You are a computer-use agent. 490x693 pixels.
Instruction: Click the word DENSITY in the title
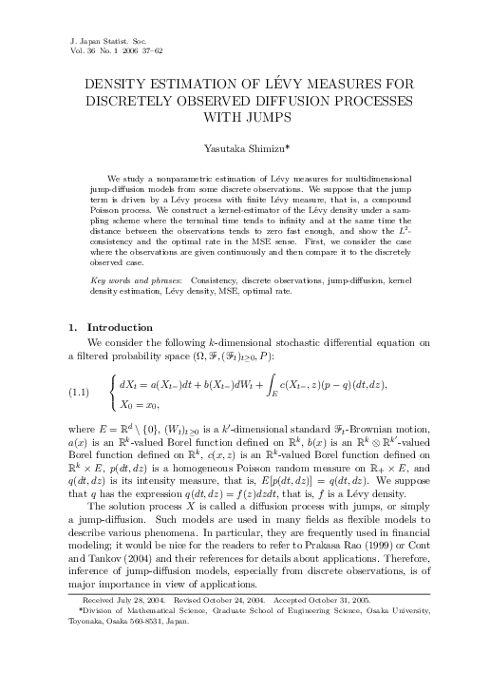pyautogui.click(x=119, y=85)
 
